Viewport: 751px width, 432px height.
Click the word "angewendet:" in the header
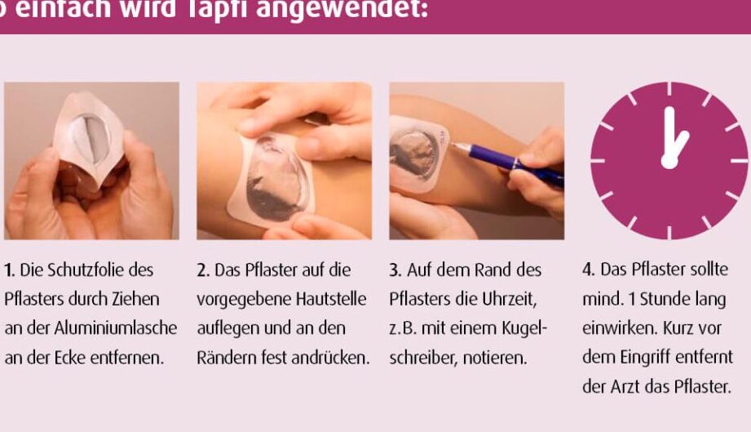point(342,10)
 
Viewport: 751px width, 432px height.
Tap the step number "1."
point(10,270)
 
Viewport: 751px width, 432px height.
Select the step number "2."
point(203,270)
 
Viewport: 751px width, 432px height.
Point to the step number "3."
point(395,270)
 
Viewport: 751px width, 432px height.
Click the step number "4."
point(589,269)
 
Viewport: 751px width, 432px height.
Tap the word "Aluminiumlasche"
point(116,328)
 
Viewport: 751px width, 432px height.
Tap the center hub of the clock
point(669,161)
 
